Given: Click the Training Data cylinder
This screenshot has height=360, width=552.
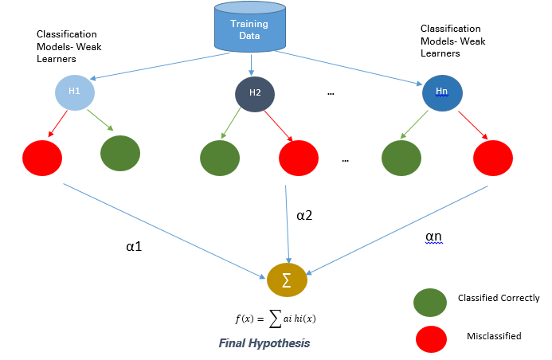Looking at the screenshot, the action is click(x=250, y=26).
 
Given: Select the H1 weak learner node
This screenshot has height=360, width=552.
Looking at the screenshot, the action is click(x=75, y=92).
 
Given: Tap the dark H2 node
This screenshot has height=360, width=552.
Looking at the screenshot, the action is click(x=255, y=94).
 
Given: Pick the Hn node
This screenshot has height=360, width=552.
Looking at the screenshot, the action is click(x=442, y=93).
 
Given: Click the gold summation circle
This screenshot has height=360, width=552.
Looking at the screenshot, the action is click(x=287, y=280).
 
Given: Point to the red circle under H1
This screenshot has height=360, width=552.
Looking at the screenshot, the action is click(x=42, y=158).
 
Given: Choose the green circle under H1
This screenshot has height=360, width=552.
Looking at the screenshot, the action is click(x=120, y=154).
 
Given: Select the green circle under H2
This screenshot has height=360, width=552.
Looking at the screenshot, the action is click(x=220, y=158).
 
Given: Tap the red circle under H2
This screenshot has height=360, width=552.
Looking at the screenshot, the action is click(x=299, y=158).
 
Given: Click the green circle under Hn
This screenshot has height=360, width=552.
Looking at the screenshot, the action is click(x=401, y=158).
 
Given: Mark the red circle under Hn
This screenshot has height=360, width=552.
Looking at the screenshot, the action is click(x=493, y=158).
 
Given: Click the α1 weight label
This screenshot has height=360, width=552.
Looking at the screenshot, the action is click(x=134, y=246).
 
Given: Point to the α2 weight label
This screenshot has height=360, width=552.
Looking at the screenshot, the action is click(x=304, y=215).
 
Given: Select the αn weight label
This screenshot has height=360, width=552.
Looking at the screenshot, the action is click(x=433, y=237).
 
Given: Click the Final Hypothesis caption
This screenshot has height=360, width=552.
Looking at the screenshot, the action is click(x=264, y=343).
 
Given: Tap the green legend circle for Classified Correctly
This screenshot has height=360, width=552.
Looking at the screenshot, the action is click(x=430, y=303).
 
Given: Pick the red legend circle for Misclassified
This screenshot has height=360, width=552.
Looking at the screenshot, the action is click(x=431, y=339).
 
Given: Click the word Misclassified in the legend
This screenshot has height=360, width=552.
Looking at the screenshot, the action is click(x=494, y=336).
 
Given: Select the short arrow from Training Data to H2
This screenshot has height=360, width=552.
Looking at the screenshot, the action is click(x=251, y=65).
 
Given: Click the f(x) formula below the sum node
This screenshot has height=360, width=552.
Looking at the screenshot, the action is click(x=276, y=319).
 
